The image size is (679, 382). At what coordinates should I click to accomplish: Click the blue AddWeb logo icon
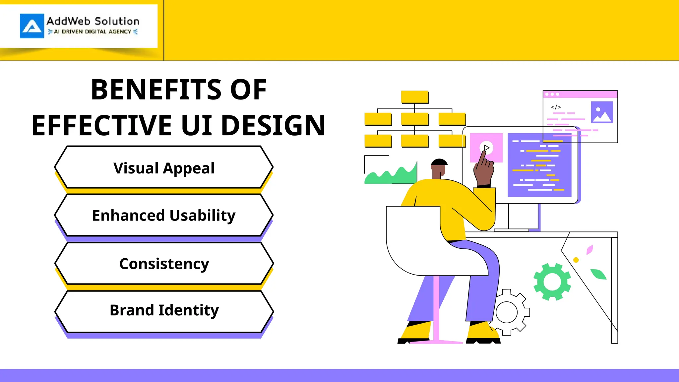[32, 26]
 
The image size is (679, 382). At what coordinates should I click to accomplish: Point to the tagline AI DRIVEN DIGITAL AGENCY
[93, 32]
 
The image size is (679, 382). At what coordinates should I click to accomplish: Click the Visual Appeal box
[164, 168]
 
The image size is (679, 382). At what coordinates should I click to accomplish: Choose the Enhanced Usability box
[164, 216]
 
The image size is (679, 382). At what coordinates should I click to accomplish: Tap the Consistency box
[164, 264]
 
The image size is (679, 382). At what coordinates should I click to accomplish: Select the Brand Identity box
[164, 310]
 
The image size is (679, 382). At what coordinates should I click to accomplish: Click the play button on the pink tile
[486, 148]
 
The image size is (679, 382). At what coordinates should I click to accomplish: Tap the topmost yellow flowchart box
[414, 97]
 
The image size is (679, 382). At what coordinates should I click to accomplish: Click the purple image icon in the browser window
[602, 112]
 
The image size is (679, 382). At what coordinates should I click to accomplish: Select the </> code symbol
[556, 107]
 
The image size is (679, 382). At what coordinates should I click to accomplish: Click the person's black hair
[439, 162]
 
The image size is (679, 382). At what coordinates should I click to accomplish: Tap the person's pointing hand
[484, 169]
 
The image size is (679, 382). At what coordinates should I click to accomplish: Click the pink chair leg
[436, 308]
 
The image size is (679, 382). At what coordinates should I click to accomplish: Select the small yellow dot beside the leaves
[576, 260]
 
